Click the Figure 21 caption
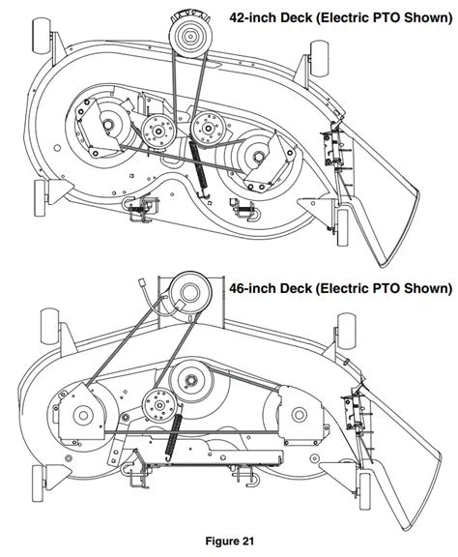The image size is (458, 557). (230, 542)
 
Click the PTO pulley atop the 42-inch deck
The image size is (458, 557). (188, 35)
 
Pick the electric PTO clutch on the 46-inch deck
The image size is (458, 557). (190, 293)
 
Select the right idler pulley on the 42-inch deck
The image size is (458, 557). (208, 129)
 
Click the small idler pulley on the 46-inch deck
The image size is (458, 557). (159, 405)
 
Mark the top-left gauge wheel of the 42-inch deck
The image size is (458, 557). (42, 37)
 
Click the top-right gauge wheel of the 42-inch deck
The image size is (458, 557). (320, 58)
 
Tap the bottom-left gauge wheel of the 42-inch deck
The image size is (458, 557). (41, 198)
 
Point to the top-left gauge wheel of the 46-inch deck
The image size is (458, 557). (50, 326)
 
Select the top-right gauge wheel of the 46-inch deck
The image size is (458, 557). (346, 332)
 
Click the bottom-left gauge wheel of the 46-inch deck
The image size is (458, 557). (39, 484)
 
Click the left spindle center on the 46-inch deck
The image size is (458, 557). (83, 415)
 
